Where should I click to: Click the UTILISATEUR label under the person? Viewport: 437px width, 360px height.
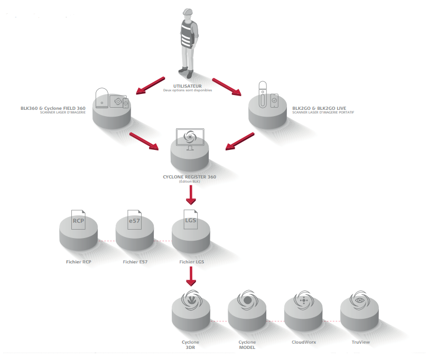[x=188, y=86]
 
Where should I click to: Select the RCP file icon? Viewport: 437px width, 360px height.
[x=79, y=221]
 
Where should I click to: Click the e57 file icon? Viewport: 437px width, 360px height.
[x=135, y=221]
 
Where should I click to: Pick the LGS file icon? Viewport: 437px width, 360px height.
[x=191, y=220]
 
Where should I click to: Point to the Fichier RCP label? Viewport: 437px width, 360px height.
[x=79, y=262]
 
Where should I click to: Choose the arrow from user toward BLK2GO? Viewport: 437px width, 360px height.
[x=226, y=86]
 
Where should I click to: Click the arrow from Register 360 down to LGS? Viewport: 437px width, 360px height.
[x=191, y=196]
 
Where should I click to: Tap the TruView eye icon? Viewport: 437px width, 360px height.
[x=360, y=299]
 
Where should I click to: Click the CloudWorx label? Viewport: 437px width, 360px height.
[x=303, y=342]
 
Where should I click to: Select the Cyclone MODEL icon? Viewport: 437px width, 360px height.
[x=247, y=300]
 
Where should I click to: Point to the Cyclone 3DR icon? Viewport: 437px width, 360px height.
[x=191, y=300]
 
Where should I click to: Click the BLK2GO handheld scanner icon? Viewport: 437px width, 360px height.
[x=262, y=96]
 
